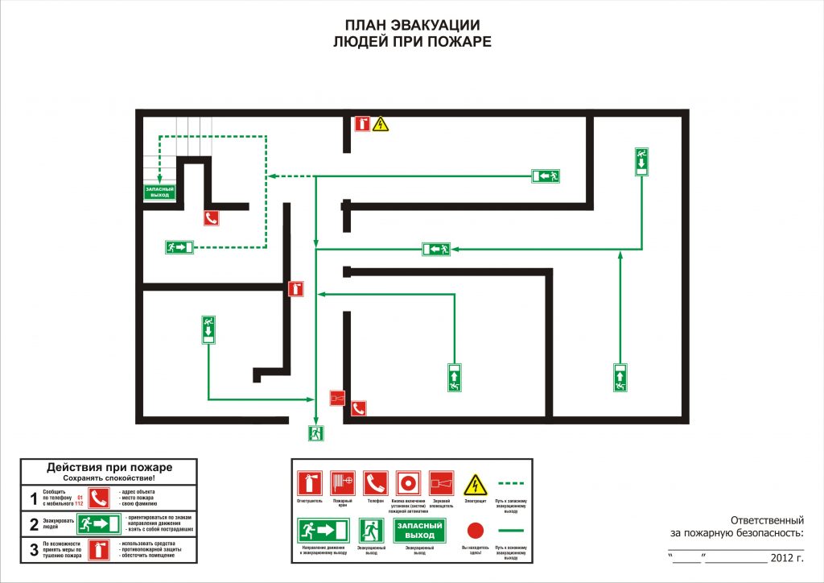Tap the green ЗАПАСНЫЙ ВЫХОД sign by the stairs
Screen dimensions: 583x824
pyautogui.click(x=159, y=192)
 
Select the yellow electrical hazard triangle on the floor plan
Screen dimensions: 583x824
pyautogui.click(x=380, y=124)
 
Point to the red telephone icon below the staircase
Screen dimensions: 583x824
pyautogui.click(x=212, y=217)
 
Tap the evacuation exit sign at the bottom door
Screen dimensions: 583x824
pyautogui.click(x=315, y=433)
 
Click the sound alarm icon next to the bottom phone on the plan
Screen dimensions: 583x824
pyautogui.click(x=338, y=398)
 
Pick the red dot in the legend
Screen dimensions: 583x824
pyautogui.click(x=476, y=530)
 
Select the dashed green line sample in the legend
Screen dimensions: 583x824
pyautogui.click(x=512, y=483)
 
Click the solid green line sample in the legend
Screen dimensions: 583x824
pyautogui.click(x=512, y=530)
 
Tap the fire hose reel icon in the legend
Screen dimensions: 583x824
pyautogui.click(x=343, y=483)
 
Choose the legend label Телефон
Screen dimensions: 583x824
pyautogui.click(x=375, y=502)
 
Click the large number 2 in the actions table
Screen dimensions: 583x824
pyautogui.click(x=34, y=525)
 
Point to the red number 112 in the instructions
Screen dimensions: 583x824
pyautogui.click(x=79, y=503)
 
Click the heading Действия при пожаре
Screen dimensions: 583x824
pyautogui.click(x=109, y=467)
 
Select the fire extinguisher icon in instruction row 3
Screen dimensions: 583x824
pyautogui.click(x=98, y=550)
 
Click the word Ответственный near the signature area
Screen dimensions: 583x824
pyautogui.click(x=768, y=519)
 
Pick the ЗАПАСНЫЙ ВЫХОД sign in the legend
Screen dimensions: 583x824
pyautogui.click(x=420, y=530)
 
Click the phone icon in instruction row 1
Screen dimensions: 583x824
pyautogui.click(x=98, y=498)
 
